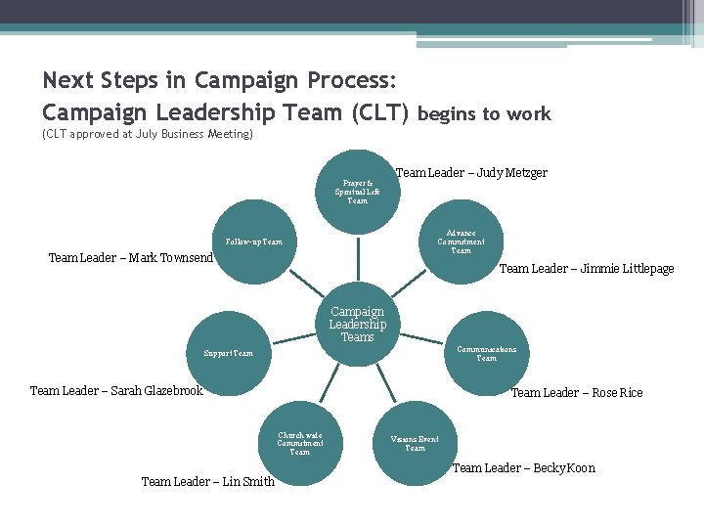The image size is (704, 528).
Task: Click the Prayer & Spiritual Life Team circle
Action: pyautogui.click(x=358, y=191)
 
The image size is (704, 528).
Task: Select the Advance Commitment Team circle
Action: pyautogui.click(x=461, y=242)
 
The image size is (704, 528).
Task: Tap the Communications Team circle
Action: pyautogui.click(x=486, y=353)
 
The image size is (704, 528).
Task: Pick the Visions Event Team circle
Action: pyautogui.click(x=415, y=443)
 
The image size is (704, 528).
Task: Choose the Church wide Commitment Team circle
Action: pyautogui.click(x=299, y=443)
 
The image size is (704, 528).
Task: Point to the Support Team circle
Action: pyautogui.click(x=229, y=353)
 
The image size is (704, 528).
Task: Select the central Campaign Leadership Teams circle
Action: pyautogui.click(x=357, y=325)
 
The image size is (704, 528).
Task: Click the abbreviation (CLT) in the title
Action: pyautogui.click(x=379, y=113)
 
